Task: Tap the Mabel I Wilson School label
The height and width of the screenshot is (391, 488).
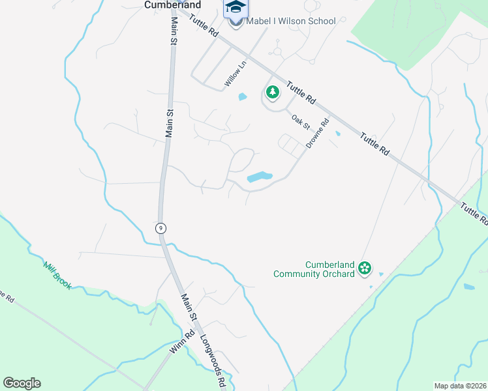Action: point(291,21)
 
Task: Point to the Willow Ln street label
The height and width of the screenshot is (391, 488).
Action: point(236,74)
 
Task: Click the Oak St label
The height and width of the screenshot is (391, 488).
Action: point(300,121)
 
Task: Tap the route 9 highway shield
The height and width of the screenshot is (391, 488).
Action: point(160,228)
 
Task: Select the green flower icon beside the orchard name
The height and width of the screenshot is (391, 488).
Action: point(365,268)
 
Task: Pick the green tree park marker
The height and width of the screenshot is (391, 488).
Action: point(271,93)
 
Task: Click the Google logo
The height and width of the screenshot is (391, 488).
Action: point(22,383)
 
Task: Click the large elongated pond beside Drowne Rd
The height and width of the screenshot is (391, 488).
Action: point(260,177)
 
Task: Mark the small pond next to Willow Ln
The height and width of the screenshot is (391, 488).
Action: point(243,97)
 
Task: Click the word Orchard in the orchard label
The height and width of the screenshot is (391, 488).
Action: point(340,274)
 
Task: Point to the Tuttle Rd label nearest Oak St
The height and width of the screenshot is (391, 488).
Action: point(301,93)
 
